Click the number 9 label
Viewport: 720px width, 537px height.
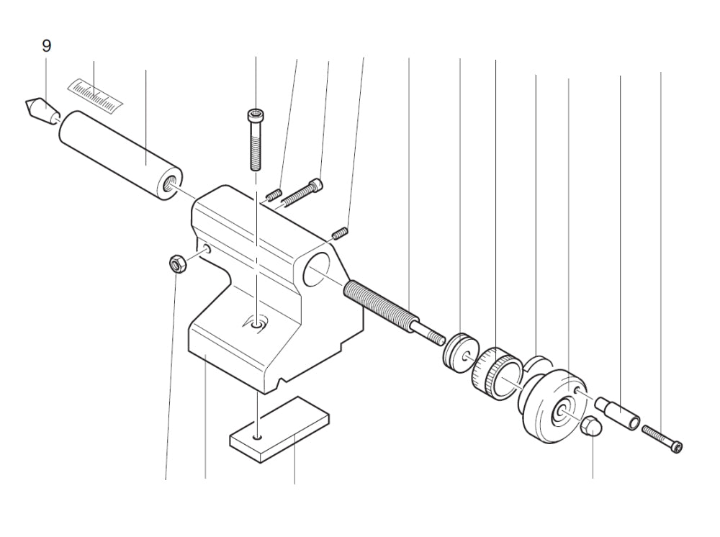(x=46, y=46)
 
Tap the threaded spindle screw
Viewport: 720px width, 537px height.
(x=382, y=307)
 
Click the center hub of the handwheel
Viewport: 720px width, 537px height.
(x=559, y=412)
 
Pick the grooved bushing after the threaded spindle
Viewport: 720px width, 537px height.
(x=459, y=351)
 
